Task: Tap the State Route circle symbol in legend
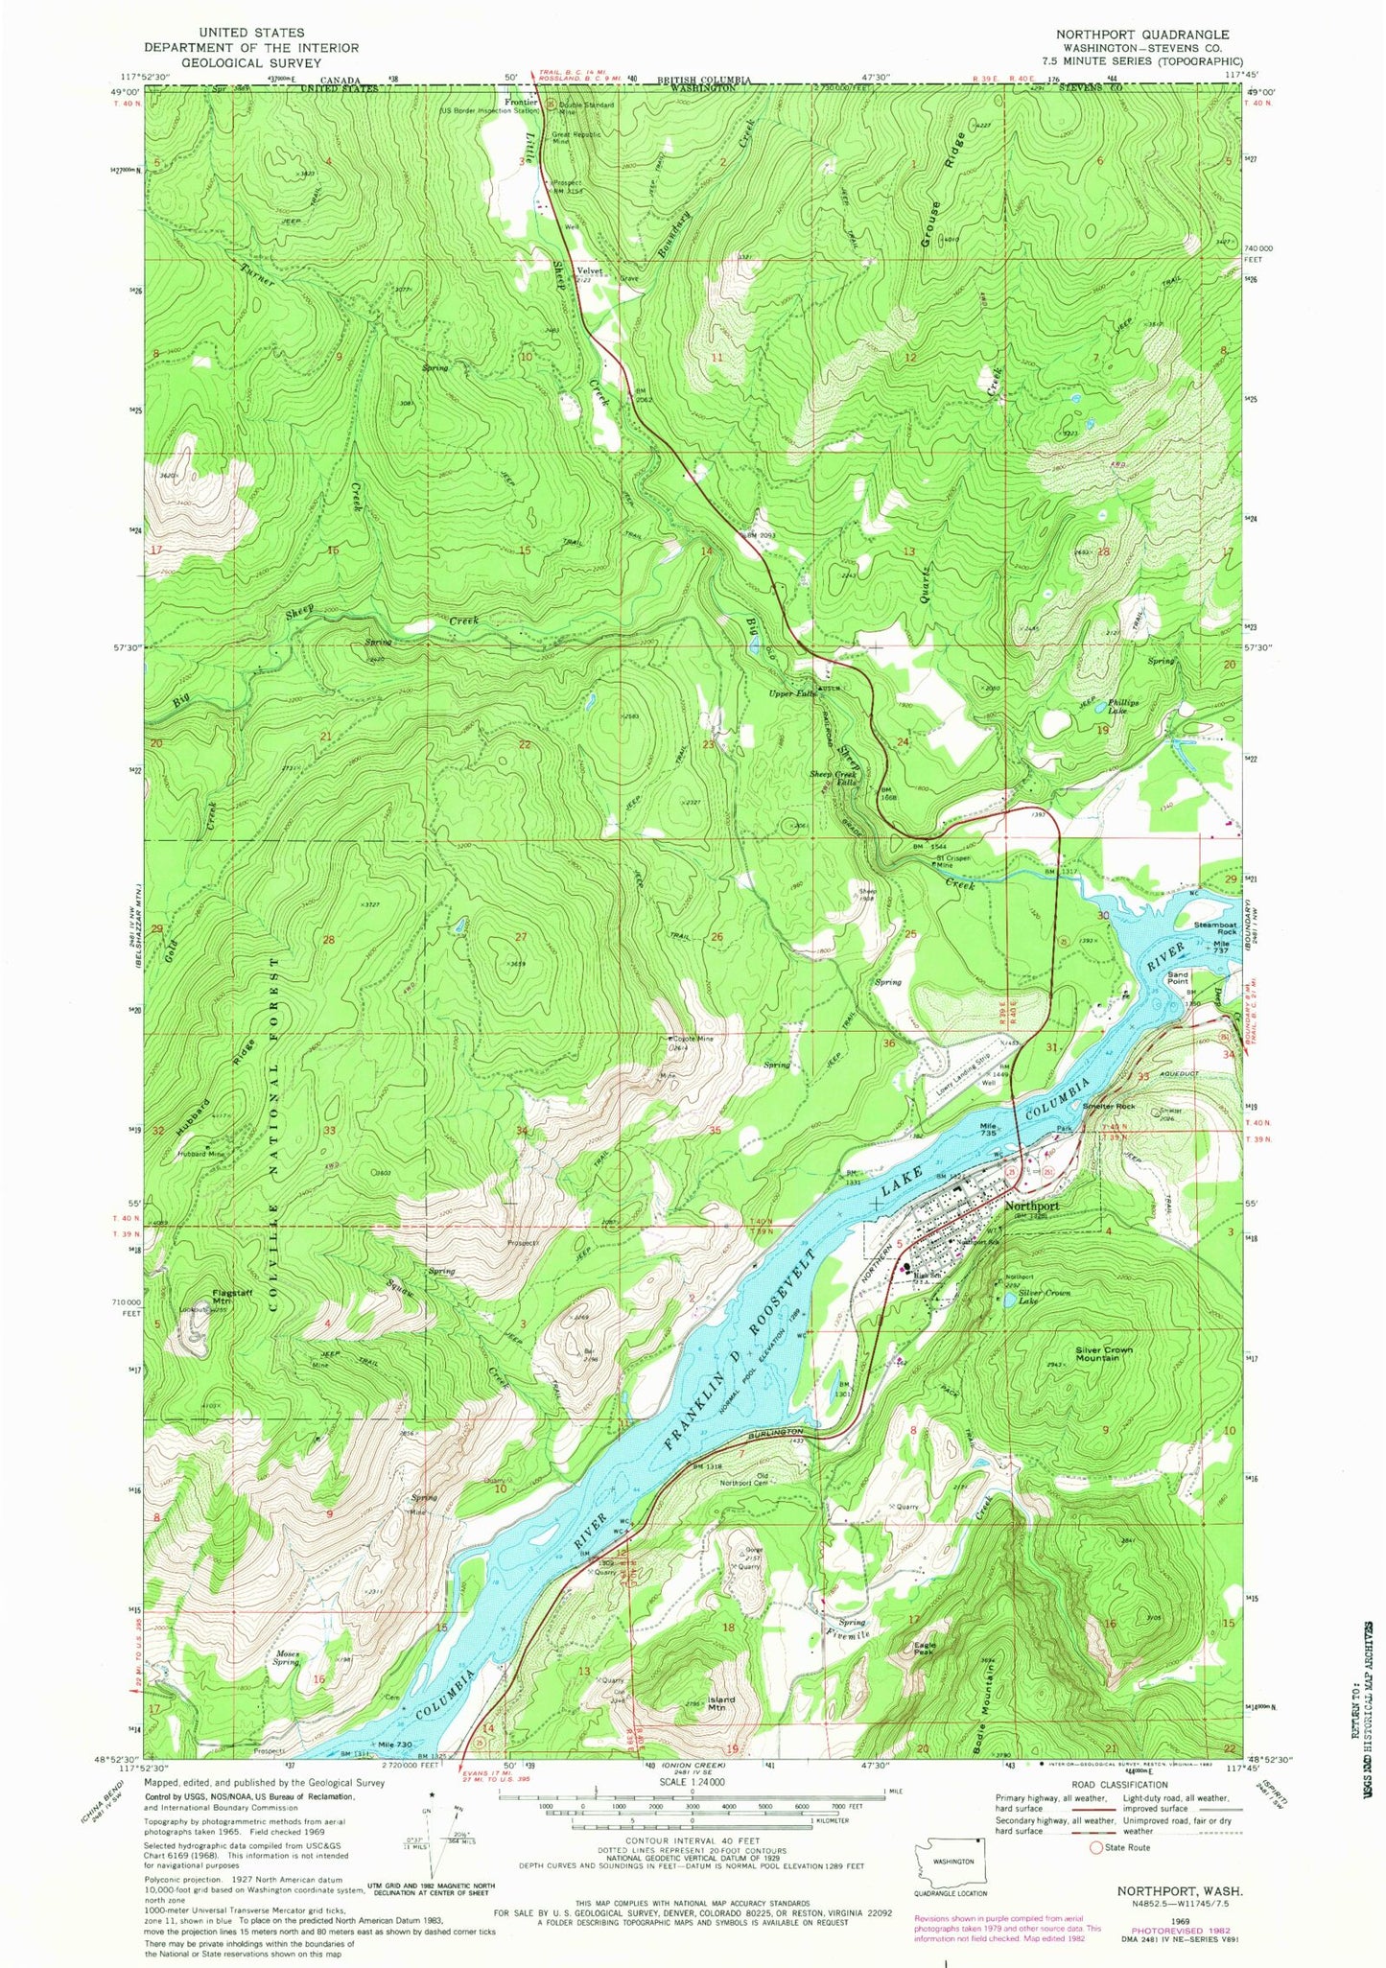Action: point(1095,1847)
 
